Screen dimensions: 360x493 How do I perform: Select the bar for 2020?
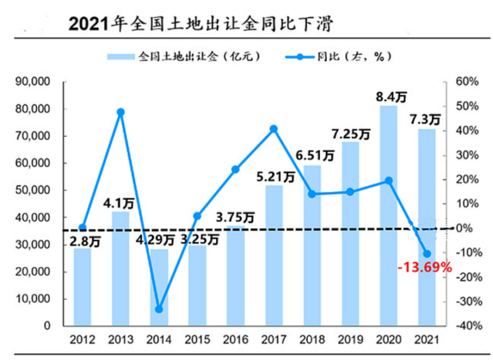(388, 217)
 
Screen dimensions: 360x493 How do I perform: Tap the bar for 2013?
(121, 269)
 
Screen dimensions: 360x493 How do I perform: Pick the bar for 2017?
(274, 256)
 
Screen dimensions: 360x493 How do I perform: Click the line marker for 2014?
(159, 309)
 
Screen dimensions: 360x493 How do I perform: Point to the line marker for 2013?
(121, 112)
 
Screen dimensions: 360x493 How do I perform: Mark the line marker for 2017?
(274, 129)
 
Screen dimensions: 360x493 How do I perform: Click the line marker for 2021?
(427, 254)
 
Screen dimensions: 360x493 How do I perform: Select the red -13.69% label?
(424, 268)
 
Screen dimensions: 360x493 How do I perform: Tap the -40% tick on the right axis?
(466, 326)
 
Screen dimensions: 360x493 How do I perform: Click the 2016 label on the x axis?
(236, 340)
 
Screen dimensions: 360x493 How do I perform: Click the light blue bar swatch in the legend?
(121, 57)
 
